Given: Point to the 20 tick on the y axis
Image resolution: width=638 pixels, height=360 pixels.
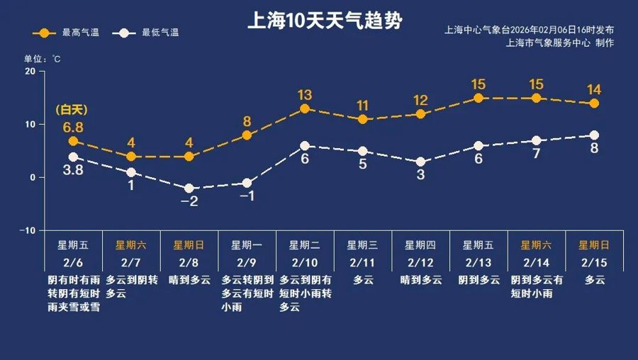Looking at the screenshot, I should (x=30, y=72).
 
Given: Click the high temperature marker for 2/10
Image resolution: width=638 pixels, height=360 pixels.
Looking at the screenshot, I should (x=305, y=109).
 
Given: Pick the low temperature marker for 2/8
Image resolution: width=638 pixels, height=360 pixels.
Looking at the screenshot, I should (x=189, y=189).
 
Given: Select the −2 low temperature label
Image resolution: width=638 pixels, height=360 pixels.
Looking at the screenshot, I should (x=189, y=202).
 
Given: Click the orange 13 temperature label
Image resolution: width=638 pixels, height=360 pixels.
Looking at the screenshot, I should (x=305, y=95).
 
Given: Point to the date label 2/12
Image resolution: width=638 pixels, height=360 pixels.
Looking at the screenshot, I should (x=420, y=262).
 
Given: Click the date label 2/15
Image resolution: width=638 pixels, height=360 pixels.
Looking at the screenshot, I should (x=594, y=262).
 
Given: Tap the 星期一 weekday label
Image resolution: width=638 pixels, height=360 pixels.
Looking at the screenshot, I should (x=247, y=245).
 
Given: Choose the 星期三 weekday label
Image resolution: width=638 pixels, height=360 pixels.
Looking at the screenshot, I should (x=362, y=245).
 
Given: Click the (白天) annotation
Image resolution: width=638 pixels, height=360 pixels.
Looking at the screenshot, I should (x=70, y=110).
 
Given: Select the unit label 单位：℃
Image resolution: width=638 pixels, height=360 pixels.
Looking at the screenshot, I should (x=43, y=59).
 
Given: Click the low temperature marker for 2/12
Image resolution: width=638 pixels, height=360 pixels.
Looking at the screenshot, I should (x=420, y=162).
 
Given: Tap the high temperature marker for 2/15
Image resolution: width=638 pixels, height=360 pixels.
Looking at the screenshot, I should (x=594, y=103).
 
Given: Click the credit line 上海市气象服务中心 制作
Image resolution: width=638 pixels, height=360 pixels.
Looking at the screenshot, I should (x=560, y=43).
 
